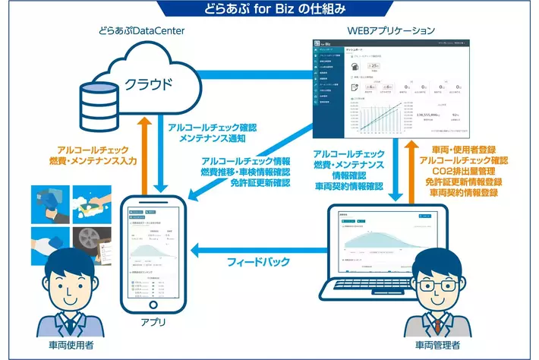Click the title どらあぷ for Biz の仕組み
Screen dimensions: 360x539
click(x=270, y=9)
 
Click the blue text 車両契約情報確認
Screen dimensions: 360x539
click(x=351, y=186)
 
